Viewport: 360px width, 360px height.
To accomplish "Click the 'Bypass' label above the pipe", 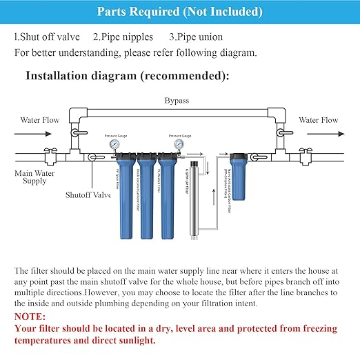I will point(177,101).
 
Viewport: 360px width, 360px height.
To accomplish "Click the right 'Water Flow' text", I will point(318,120).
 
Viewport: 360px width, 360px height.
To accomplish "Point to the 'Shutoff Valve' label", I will point(88,195).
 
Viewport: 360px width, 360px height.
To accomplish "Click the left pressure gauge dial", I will point(111,145).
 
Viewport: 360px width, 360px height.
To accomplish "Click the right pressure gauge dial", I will point(177,145).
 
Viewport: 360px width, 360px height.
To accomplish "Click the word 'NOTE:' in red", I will point(30,317).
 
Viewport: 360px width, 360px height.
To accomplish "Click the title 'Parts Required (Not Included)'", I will point(179,12).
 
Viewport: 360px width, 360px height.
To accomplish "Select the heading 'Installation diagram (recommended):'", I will point(128,76).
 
